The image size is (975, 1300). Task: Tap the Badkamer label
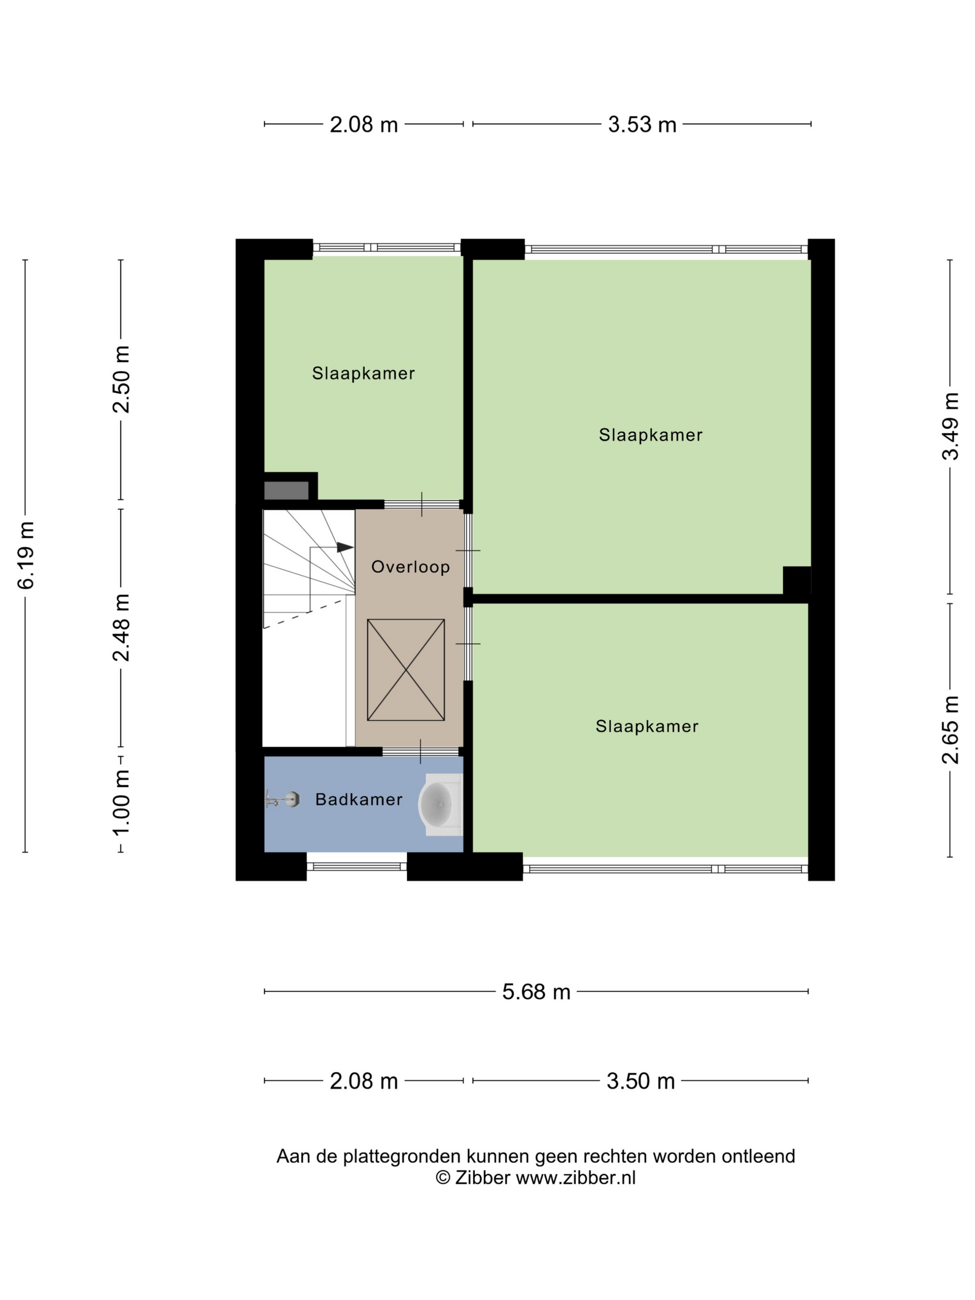(358, 799)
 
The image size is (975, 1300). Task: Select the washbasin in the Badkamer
(440, 805)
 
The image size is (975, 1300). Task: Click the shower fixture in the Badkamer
(283, 799)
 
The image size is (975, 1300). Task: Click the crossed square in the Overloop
(405, 669)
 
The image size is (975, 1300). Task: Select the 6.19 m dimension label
(26, 555)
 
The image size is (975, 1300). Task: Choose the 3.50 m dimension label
(641, 1081)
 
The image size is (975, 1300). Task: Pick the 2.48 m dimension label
(122, 628)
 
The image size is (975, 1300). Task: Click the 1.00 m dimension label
(122, 803)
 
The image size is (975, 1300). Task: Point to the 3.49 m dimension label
(950, 426)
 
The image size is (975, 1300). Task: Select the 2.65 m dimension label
(950, 730)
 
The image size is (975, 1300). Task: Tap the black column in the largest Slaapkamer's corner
(796, 581)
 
